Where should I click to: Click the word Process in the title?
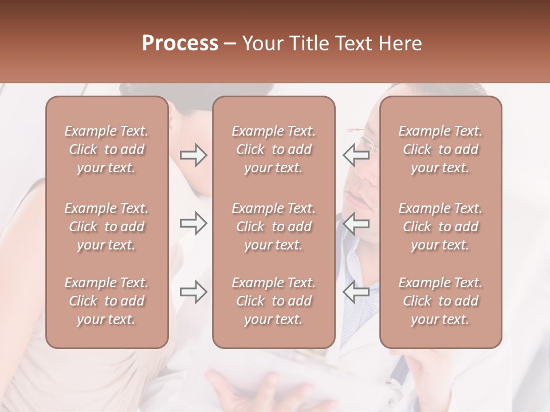(180, 43)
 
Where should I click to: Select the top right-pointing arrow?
(193, 155)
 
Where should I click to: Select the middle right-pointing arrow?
(193, 223)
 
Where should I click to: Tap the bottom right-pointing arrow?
(193, 292)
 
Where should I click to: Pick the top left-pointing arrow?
(356, 155)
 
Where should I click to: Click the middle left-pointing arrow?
(356, 223)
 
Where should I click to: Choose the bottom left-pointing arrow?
(356, 292)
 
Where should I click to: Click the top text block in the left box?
(107, 149)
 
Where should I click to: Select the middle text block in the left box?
(107, 227)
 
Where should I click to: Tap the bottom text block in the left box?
(107, 301)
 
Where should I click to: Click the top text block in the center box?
(274, 149)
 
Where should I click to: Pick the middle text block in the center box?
(274, 227)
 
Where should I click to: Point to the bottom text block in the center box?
(274, 301)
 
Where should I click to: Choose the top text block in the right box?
(441, 149)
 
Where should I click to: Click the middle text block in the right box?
(441, 227)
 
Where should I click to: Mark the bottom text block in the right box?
(441, 301)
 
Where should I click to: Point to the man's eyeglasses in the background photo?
(367, 143)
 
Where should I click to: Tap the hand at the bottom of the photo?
(246, 389)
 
